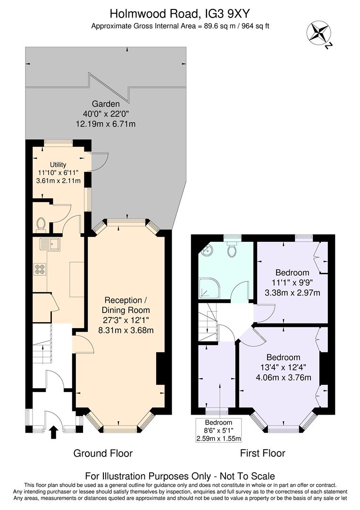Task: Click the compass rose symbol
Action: pyautogui.click(x=318, y=33)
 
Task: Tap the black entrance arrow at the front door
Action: pyautogui.click(x=53, y=432)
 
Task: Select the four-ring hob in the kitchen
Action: pyautogui.click(x=40, y=270)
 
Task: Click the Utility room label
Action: pyautogui.click(x=59, y=164)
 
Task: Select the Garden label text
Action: pyautogui.click(x=106, y=104)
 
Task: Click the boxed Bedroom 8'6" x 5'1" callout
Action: pyautogui.click(x=218, y=430)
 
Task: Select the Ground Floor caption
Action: pyautogui.click(x=103, y=453)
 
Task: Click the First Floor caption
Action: pyautogui.click(x=262, y=453)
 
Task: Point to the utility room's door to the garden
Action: pyautogui.click(x=100, y=161)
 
